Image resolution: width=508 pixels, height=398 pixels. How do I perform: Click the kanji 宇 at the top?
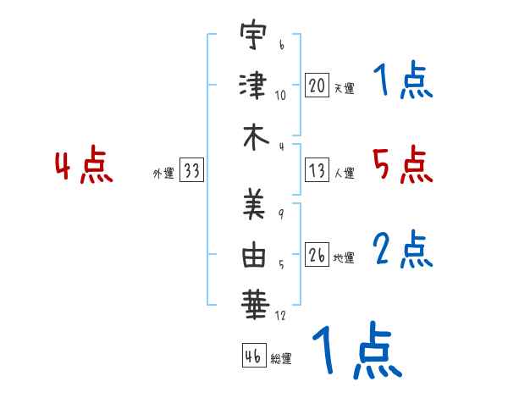253,35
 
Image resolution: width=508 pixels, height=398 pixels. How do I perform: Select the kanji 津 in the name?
253,86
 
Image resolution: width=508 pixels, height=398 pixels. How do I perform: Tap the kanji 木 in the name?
256,137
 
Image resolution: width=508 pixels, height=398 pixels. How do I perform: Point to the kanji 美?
254,204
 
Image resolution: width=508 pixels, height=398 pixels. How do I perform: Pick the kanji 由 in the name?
254,254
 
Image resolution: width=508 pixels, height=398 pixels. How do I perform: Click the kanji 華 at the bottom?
255,305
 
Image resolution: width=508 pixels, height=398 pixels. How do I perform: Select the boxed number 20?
317,86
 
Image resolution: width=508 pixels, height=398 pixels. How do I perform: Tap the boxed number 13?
317,170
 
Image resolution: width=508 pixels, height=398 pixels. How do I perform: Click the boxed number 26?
317,255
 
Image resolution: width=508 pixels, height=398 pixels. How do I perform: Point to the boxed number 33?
191,170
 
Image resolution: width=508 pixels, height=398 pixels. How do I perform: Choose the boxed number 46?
254,356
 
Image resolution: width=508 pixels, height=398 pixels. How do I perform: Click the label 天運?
344,88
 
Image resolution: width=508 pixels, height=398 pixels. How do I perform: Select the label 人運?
344,173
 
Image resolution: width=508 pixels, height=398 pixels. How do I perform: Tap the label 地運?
344,257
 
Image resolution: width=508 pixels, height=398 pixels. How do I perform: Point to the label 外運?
163,173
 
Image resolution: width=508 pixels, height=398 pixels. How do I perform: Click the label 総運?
281,358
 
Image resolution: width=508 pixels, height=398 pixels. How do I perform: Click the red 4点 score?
84,164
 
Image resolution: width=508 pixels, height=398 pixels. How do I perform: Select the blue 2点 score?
403,249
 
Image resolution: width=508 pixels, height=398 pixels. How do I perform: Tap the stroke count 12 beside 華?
280,315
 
